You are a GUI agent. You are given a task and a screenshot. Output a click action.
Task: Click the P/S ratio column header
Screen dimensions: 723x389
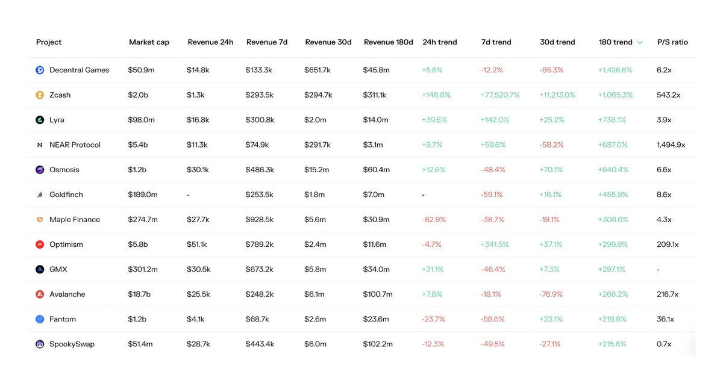(672, 42)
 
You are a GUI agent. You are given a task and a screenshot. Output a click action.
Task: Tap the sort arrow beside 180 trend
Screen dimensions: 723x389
(640, 43)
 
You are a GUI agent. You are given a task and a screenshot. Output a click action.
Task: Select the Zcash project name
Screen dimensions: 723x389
(60, 95)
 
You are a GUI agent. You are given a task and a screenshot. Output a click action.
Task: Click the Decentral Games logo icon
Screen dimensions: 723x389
(40, 70)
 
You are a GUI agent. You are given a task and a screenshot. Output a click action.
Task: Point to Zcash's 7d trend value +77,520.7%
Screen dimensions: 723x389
(500, 95)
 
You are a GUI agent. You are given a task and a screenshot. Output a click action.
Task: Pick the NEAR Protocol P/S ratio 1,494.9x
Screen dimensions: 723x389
(671, 145)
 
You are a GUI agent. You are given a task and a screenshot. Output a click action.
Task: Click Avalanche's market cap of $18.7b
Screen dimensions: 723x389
(139, 294)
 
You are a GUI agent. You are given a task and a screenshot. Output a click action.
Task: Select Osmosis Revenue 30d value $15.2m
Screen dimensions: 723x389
(316, 170)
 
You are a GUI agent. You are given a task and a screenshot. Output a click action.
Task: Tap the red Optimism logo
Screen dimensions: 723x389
(40, 244)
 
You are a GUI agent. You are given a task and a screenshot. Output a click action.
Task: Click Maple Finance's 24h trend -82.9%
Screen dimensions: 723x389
(434, 220)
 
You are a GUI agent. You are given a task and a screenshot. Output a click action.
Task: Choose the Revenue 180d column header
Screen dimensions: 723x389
(388, 42)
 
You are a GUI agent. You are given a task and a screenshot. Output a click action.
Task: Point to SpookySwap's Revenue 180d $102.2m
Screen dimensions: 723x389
(378, 344)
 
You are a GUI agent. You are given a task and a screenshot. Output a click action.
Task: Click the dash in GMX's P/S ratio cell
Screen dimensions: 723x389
(658, 270)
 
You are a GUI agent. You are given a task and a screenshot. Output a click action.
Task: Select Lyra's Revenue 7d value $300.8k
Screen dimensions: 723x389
(260, 120)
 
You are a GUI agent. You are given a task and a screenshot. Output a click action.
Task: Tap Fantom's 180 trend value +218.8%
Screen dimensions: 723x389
(612, 319)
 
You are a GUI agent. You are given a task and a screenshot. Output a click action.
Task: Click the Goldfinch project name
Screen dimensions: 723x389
(66, 194)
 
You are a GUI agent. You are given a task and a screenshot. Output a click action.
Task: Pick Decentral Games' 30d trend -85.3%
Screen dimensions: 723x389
(551, 70)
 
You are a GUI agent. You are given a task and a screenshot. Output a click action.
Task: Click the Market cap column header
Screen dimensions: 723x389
(149, 42)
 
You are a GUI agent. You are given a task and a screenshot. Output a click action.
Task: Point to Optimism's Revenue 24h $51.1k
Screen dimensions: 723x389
(196, 244)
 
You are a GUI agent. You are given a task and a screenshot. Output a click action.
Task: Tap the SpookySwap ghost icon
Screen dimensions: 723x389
(40, 344)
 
